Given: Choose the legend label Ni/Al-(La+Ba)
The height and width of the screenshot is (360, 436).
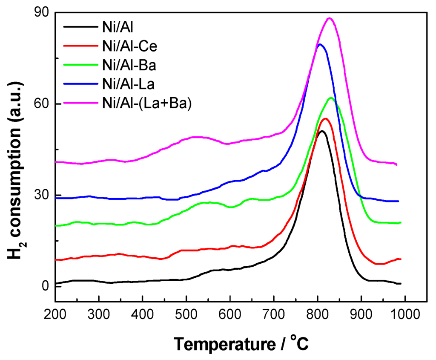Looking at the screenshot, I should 146,104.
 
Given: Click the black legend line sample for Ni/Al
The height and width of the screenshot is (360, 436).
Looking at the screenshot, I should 81,26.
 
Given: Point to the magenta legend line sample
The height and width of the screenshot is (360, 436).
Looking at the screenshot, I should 81,104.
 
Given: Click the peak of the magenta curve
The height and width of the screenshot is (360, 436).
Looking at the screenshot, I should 329,18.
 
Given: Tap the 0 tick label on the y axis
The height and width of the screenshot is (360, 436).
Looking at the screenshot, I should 45,286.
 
